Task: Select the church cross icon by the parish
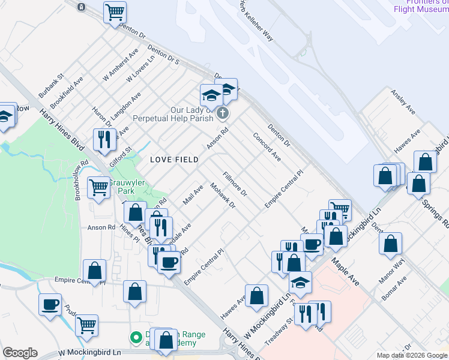click(x=223, y=113)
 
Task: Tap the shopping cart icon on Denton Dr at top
click(x=115, y=11)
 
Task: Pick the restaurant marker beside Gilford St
click(x=104, y=139)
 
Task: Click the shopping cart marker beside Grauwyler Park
click(x=98, y=187)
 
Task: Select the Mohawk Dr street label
click(x=222, y=196)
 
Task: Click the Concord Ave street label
click(x=267, y=147)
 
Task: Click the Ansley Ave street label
click(x=403, y=102)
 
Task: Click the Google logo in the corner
click(x=20, y=353)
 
